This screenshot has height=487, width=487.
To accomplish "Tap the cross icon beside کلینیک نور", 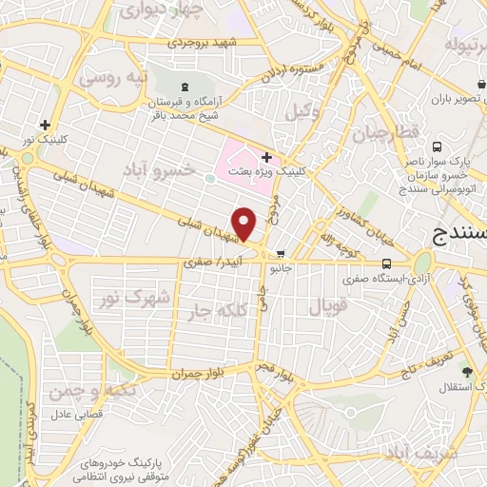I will coord(45,124).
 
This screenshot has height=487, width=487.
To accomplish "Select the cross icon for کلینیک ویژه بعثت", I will coord(267,156).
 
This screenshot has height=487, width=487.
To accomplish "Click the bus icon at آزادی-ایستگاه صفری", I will coord(386,263).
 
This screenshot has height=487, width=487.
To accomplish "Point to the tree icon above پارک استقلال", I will coord(466,371).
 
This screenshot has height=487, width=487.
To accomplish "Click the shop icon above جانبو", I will coord(280,254).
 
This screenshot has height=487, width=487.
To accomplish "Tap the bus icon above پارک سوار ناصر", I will coord(437,147).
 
